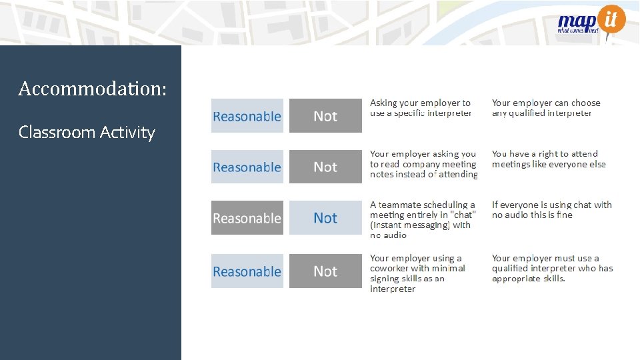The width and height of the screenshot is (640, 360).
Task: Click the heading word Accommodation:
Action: point(93,88)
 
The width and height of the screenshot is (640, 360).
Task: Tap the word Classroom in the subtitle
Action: point(57,132)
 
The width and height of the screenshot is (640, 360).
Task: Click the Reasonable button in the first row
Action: point(247,116)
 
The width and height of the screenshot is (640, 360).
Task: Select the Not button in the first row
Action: point(325,116)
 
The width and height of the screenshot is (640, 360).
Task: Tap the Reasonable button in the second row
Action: point(247,167)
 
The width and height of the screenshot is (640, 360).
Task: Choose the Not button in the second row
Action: point(325,167)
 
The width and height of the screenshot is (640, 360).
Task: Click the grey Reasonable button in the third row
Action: point(247,218)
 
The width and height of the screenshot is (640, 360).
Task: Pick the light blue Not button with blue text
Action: point(325,218)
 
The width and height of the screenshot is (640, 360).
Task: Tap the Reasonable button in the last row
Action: point(247,271)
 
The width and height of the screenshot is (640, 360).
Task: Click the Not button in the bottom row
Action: point(325,271)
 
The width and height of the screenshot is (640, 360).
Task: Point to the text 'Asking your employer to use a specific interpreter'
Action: point(421,108)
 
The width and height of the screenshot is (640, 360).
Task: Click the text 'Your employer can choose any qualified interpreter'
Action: point(545,108)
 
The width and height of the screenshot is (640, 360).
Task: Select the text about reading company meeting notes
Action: point(423,164)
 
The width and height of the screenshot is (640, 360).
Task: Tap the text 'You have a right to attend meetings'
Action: point(548,159)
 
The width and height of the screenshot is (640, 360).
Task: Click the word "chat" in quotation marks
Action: point(463,215)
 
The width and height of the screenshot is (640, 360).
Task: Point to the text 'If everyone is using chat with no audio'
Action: point(551,210)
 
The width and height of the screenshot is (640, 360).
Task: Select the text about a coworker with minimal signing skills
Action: point(417,273)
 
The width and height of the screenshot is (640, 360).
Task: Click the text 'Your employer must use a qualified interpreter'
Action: point(551,268)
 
